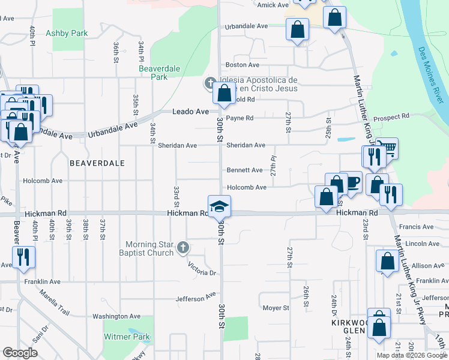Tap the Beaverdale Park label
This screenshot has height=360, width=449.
[159, 73]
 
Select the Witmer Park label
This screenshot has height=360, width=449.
[127, 337]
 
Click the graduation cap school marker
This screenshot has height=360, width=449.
[220, 206]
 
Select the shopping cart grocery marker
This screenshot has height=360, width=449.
[388, 148]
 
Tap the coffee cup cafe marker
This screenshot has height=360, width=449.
[352, 182]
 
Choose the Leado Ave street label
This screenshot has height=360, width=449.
[190, 112]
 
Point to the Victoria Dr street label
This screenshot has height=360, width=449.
[201, 268]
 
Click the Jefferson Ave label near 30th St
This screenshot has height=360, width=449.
[196, 297]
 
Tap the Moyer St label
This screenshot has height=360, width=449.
[276, 308]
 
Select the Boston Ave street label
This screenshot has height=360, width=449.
[242, 65]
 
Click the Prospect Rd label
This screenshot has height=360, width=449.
[391, 116]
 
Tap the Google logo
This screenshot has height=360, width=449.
[20, 353]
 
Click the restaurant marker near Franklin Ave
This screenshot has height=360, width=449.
[23, 257]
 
